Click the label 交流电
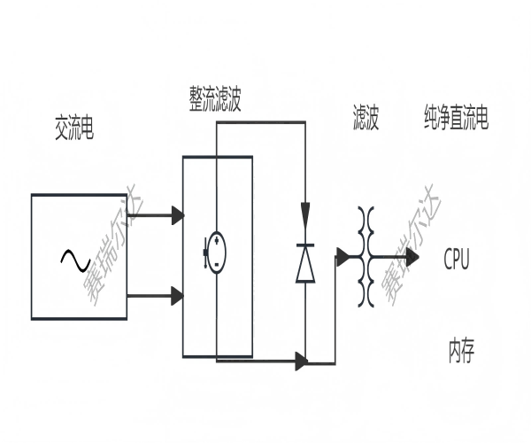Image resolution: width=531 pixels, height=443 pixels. coord(73,130)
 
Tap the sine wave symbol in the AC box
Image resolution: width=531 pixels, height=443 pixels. coord(74,259)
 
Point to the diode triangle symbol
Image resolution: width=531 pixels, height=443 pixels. coord(305,263)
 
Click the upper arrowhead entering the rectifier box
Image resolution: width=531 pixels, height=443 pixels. coord(177,215)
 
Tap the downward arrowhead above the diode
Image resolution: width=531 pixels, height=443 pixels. coord(305,214)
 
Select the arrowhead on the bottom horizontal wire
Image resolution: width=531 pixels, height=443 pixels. coord(301,361)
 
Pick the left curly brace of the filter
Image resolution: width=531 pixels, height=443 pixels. coord(361,257)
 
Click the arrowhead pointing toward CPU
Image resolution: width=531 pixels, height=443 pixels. coord(412,258)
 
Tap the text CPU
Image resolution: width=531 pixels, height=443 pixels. coord(457,259)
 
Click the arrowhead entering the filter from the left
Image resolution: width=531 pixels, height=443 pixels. coord(342,258)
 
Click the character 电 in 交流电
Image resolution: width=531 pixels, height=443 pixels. coord(87,130)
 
